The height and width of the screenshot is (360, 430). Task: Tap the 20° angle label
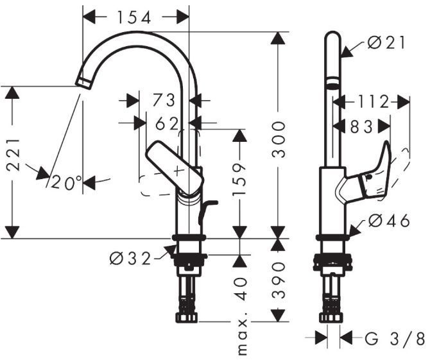(x=67, y=183)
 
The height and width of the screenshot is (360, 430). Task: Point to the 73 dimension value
(x=164, y=101)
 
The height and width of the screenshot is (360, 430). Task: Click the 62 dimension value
(x=167, y=124)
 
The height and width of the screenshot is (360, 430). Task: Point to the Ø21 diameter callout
(x=388, y=43)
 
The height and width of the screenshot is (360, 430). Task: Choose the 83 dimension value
(x=361, y=127)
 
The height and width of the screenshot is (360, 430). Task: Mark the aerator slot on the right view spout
(x=332, y=85)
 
